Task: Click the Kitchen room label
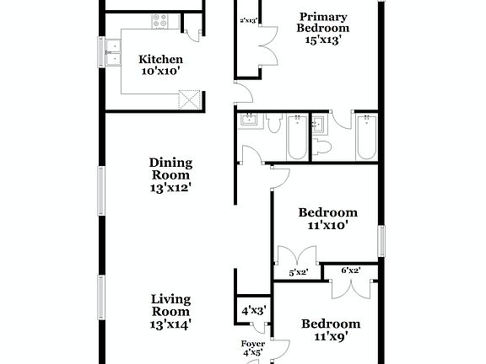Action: (x=160, y=66)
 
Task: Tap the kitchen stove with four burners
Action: (x=159, y=22)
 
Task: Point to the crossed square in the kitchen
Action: (x=189, y=101)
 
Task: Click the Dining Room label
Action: (x=170, y=175)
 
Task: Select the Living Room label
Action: (x=170, y=311)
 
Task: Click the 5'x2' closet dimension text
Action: (x=298, y=272)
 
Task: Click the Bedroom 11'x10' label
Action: (x=328, y=219)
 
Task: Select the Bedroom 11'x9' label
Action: (x=331, y=329)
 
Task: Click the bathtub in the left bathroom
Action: (x=298, y=138)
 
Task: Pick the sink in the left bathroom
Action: (x=248, y=122)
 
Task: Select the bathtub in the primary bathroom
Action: (x=365, y=138)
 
